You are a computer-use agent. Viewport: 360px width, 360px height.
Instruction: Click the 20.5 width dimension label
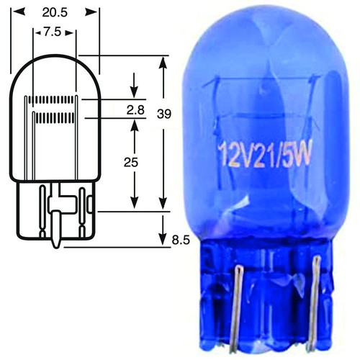(x=55, y=12)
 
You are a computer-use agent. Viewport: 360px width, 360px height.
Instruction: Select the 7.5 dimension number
(x=53, y=32)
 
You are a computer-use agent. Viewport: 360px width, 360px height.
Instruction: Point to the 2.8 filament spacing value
(x=135, y=110)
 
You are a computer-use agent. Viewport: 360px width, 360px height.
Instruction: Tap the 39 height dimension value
(x=164, y=114)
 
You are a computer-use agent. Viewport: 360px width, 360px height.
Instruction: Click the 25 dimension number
(x=131, y=163)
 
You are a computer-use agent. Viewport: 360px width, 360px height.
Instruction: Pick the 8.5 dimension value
(x=181, y=240)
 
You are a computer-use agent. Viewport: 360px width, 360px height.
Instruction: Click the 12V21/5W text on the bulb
(x=264, y=154)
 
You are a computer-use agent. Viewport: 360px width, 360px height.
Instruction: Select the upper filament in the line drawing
(x=51, y=99)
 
